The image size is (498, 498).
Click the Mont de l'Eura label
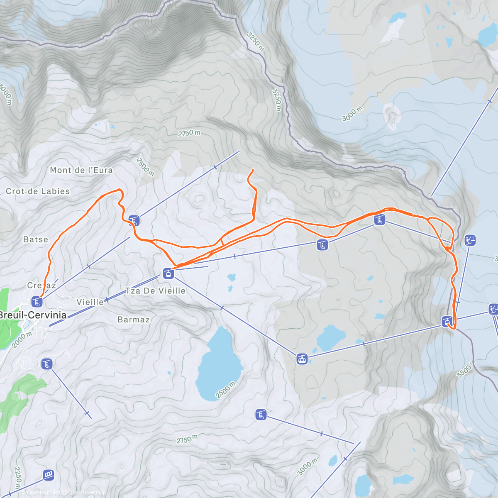(x=81, y=170)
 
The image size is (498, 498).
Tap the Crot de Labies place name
(x=38, y=191)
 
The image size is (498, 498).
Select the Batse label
(x=36, y=239)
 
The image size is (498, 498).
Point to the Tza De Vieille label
(x=155, y=291)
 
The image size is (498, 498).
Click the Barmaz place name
(x=133, y=320)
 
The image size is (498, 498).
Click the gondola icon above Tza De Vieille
(x=168, y=273)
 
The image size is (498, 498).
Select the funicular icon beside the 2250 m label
(x=49, y=475)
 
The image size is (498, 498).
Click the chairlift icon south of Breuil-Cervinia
(x=47, y=364)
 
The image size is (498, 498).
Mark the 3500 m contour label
(x=464, y=369)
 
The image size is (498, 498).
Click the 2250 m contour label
(x=17, y=478)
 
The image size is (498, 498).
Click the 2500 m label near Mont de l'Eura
(x=145, y=167)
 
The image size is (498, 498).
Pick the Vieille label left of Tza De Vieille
(x=90, y=302)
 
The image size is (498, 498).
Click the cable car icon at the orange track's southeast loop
(x=447, y=321)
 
